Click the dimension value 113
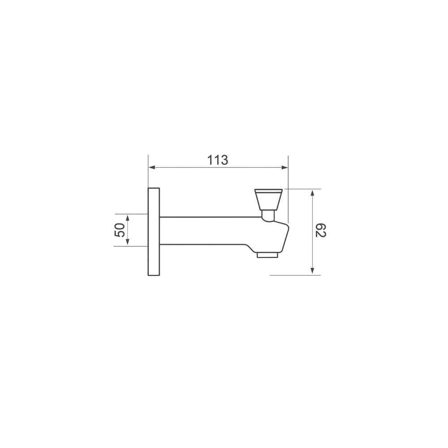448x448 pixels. tap(218, 160)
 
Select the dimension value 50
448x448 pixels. tap(120, 230)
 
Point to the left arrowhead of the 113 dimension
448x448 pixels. tap(151, 168)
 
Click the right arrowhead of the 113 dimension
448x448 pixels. tap(284, 168)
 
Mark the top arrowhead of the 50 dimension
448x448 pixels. tap(128, 217)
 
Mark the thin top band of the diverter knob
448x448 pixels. tap(268, 190)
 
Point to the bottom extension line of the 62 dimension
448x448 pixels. tap(296, 275)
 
